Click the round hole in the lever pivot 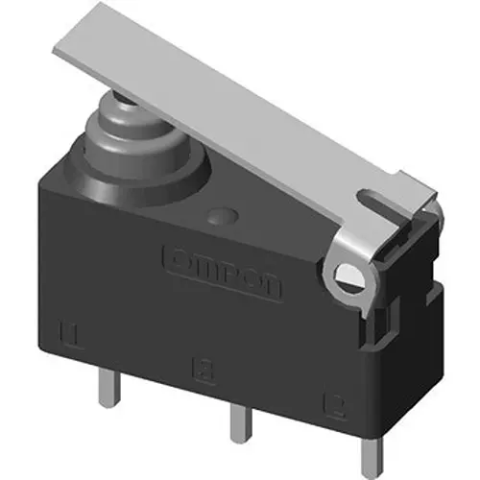348,278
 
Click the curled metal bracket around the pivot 350,264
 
